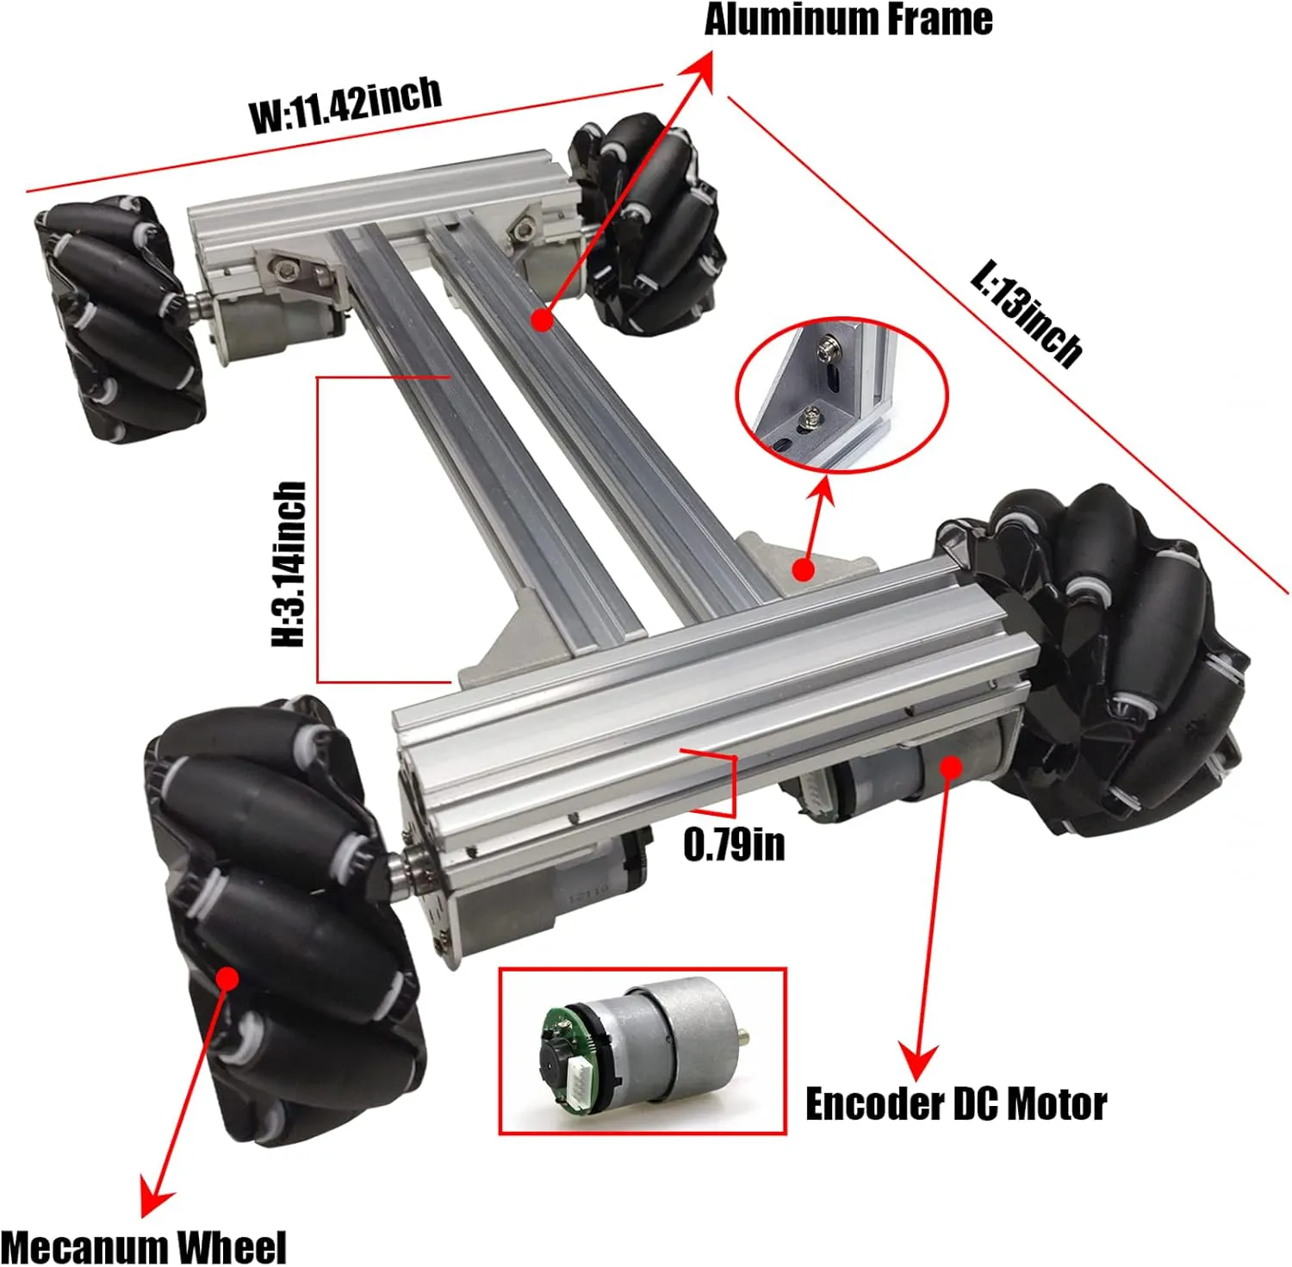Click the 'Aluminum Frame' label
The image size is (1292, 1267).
coord(848,20)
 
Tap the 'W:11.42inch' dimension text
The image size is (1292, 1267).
coord(345,104)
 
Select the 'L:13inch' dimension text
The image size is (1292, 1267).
coord(1025,314)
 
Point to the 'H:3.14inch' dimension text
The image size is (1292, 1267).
coord(289,564)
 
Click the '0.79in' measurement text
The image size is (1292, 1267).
coord(734,844)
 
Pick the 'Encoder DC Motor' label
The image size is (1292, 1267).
coord(955,1104)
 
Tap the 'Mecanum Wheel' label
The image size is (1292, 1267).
coord(143,1247)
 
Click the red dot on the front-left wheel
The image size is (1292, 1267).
coord(227,978)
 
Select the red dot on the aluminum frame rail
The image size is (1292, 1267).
coord(542,320)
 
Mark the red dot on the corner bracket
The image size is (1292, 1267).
coord(803,568)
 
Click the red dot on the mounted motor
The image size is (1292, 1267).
coord(951,766)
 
